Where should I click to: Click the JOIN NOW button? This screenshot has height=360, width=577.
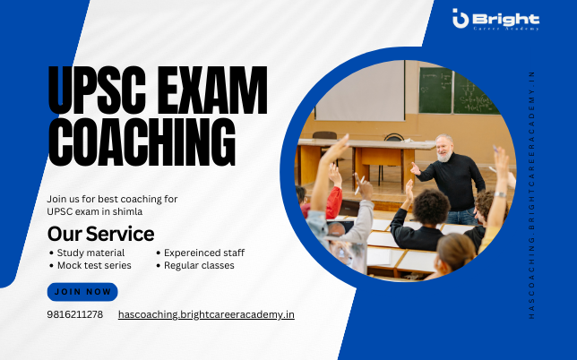pyautogui.click(x=82, y=292)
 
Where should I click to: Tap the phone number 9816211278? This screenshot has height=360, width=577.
pyautogui.click(x=75, y=314)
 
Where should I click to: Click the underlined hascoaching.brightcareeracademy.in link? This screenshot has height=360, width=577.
pyautogui.click(x=206, y=314)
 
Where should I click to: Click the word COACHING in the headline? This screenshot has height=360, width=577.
pyautogui.click(x=142, y=142)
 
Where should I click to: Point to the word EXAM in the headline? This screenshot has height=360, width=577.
pyautogui.click(x=212, y=90)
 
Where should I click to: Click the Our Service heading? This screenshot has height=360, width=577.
pyautogui.click(x=100, y=234)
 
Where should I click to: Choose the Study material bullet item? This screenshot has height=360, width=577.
pyautogui.click(x=90, y=253)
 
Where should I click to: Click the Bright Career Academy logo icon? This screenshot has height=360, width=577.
pyautogui.click(x=461, y=19)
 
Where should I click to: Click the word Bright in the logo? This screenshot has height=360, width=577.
pyautogui.click(x=506, y=19)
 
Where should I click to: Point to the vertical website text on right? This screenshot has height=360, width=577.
pyautogui.click(x=531, y=195)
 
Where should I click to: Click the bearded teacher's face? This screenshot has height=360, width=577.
pyautogui.click(x=444, y=148)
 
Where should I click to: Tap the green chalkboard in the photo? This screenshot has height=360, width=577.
pyautogui.click(x=459, y=90)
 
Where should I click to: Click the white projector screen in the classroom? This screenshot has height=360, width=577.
pyautogui.click(x=360, y=90)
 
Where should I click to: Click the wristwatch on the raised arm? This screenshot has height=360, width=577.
pyautogui.click(x=500, y=194)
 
